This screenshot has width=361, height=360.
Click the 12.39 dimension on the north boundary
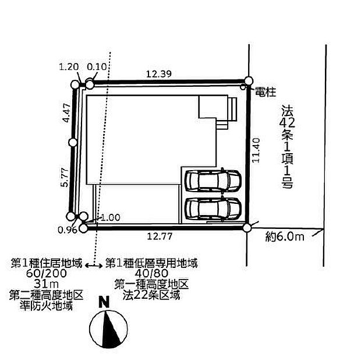[159, 74]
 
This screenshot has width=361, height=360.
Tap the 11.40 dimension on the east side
[256, 150]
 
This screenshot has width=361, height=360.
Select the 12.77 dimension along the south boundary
[160, 237]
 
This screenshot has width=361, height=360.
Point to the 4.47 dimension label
[67, 113]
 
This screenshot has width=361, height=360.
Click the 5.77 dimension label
[66, 177]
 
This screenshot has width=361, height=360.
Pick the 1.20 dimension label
[69, 67]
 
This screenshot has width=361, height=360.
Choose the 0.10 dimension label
[97, 67]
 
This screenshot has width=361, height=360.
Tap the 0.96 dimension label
[67, 230]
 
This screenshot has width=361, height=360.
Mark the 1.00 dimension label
[111, 218]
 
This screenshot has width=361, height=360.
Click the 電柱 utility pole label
[266, 92]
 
